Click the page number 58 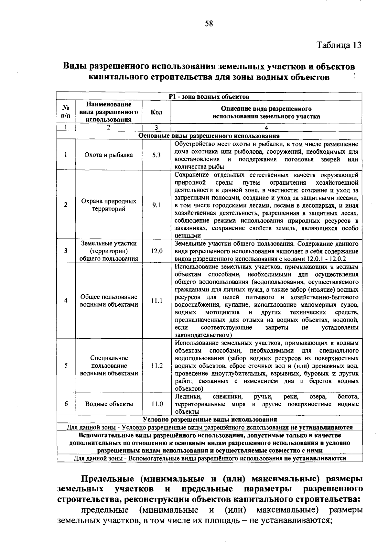(x=209, y=24)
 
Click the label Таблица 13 (x=339, y=45)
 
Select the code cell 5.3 (x=156, y=155)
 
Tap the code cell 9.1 (x=156, y=205)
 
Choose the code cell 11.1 (x=156, y=300)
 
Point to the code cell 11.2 (x=156, y=365)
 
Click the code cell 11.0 (x=156, y=404)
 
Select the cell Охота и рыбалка (x=109, y=155)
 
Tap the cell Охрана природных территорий (x=109, y=205)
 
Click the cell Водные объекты (x=109, y=404)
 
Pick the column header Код (x=156, y=112)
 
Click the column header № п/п (x=66, y=112)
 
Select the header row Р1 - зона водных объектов (x=209, y=97)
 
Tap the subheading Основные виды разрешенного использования (x=209, y=136)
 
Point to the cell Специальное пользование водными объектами (x=109, y=365)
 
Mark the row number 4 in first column (x=66, y=300)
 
